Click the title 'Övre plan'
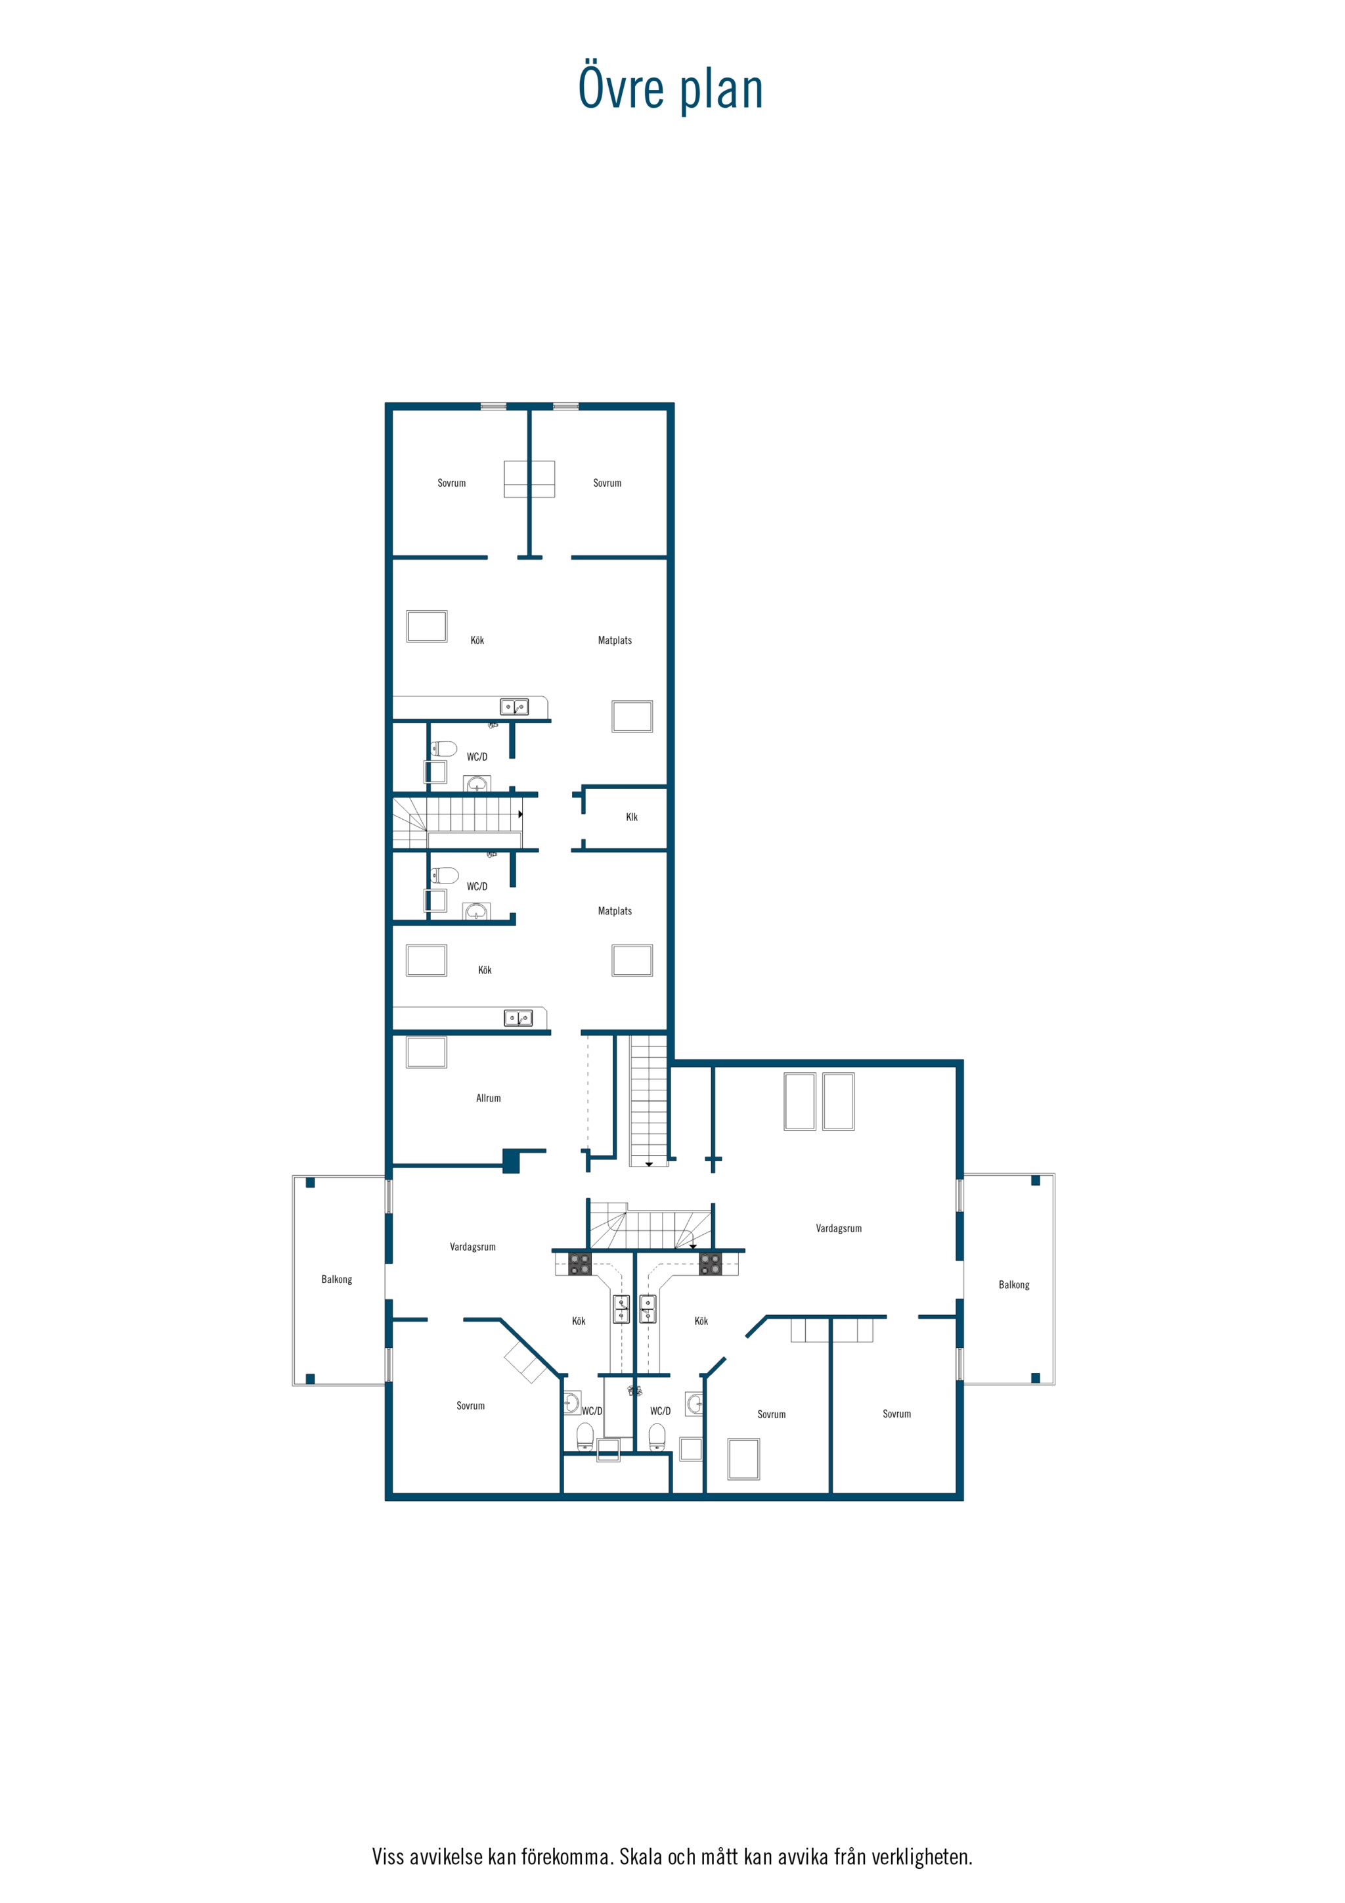[x=671, y=88]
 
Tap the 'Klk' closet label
[x=632, y=817]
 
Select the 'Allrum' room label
[x=488, y=1098]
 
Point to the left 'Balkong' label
[x=336, y=1279]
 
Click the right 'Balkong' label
[x=1013, y=1285]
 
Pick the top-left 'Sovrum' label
[x=452, y=483]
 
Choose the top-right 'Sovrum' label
[x=607, y=483]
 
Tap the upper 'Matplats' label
[x=615, y=640]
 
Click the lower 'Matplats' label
[x=615, y=911]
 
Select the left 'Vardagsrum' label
[x=472, y=1247]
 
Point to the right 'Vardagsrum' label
[x=839, y=1228]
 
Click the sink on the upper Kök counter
[x=514, y=707]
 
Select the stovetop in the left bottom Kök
[x=579, y=1264]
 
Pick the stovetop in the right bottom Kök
[x=710, y=1264]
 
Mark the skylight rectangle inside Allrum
[x=426, y=1052]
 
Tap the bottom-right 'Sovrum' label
[x=896, y=1414]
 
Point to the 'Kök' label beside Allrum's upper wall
[x=485, y=970]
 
